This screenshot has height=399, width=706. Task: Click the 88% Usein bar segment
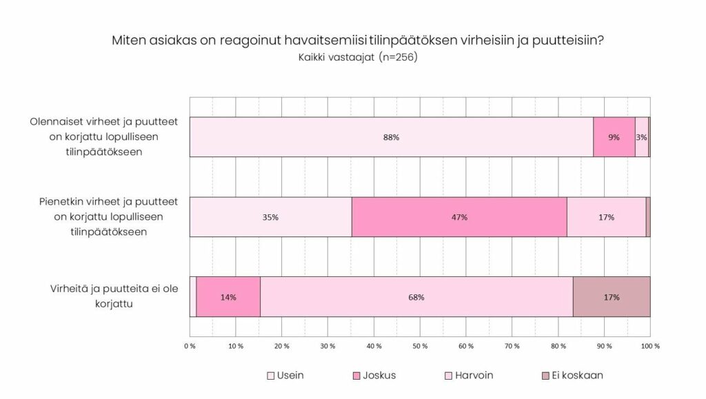(x=391, y=137)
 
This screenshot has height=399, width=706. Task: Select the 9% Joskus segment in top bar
(x=614, y=137)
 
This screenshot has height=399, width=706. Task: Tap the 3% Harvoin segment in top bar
(x=642, y=137)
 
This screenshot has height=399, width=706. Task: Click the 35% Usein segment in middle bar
(x=270, y=217)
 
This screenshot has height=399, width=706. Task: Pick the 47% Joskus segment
(x=459, y=217)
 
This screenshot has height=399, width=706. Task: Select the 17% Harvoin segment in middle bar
(x=606, y=217)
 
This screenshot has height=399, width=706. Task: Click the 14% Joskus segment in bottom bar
(x=228, y=297)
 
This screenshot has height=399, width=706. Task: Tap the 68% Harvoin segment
(x=416, y=297)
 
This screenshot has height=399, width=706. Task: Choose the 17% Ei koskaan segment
(x=612, y=297)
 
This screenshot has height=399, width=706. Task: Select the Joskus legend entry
(x=374, y=376)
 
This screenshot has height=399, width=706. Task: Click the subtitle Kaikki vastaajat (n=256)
(x=358, y=57)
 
